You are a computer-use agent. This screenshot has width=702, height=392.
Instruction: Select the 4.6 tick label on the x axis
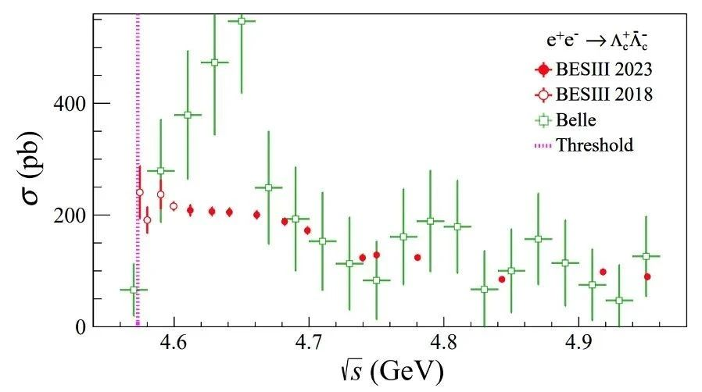pos(174,343)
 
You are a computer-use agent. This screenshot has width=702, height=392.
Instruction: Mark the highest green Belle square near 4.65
pos(242,21)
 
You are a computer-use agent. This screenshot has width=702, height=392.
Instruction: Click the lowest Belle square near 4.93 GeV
pos(619,301)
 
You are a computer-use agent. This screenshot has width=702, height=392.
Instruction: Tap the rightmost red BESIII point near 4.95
pos(647,276)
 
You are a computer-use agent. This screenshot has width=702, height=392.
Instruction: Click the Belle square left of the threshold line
pos(134,290)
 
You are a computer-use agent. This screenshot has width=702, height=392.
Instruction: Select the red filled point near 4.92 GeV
pos(603,272)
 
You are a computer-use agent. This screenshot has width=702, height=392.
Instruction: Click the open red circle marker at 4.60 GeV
pos(174,206)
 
